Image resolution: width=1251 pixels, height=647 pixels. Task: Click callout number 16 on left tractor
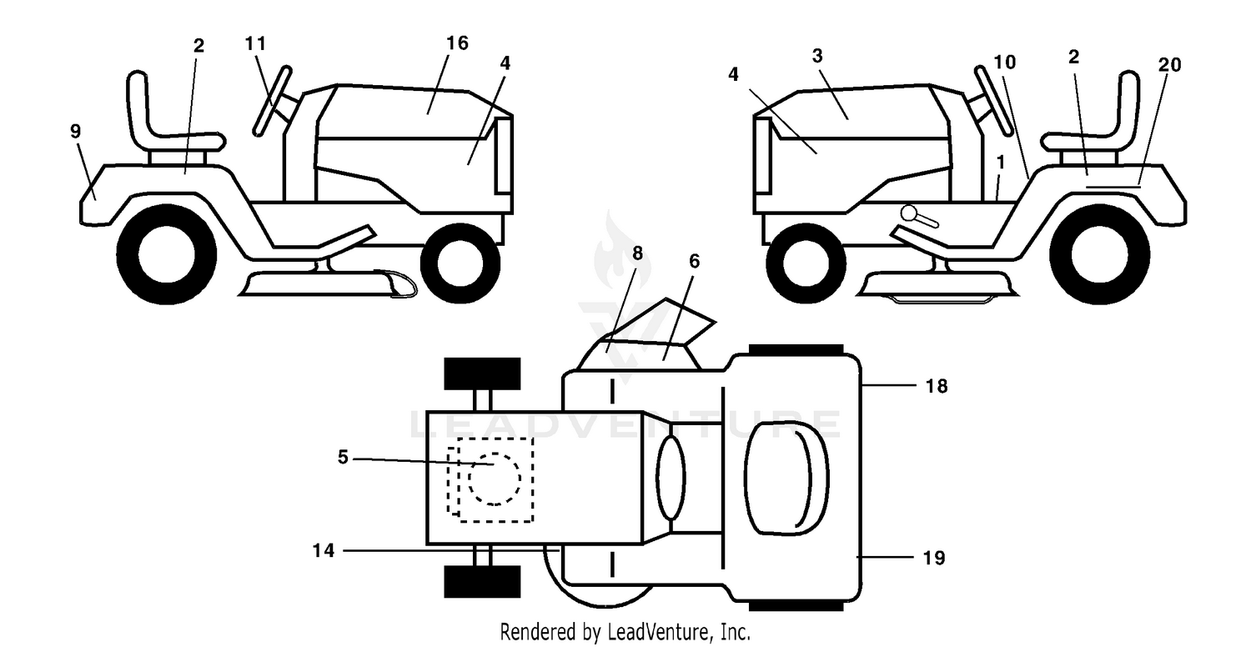[457, 43]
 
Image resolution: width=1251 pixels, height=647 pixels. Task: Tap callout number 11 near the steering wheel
[256, 43]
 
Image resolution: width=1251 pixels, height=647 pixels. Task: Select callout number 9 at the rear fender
[75, 131]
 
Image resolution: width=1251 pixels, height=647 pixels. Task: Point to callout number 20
[1169, 65]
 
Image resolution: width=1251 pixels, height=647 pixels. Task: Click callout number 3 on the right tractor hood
[817, 56]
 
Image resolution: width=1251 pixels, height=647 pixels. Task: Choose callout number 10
[1005, 62]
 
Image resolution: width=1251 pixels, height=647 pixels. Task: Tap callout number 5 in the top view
[343, 457]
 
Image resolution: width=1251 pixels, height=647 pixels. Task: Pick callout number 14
[324, 550]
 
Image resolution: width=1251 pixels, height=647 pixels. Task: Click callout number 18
[937, 386]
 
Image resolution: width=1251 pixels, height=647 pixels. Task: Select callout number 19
[934, 558]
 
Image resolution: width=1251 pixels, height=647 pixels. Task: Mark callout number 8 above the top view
[637, 253]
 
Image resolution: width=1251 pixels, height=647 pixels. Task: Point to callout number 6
[694, 261]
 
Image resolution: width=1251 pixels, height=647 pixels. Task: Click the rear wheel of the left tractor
[167, 254]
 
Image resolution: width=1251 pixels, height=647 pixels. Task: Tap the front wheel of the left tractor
[460, 263]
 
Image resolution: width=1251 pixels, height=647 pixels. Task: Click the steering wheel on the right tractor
[993, 101]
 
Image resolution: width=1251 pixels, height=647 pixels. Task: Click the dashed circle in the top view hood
[494, 479]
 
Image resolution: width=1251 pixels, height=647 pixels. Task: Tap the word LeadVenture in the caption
[661, 632]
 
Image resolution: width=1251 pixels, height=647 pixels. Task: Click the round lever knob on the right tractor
[908, 213]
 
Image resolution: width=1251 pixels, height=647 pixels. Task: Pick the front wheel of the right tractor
[806, 263]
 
